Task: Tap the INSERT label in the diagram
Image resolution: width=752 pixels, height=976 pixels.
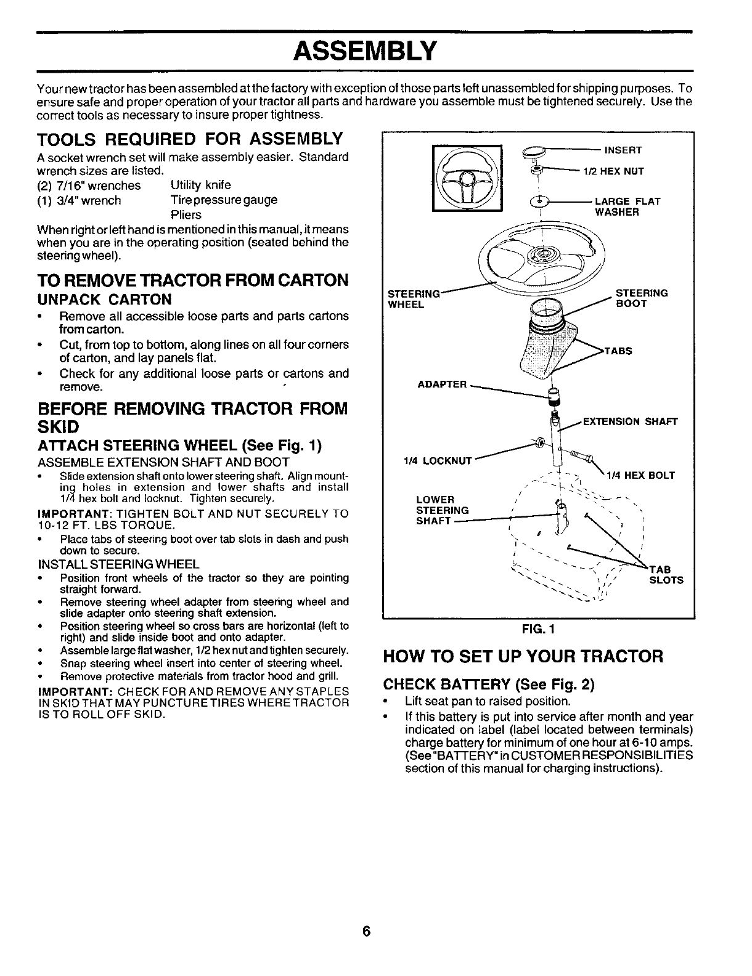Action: [x=623, y=150]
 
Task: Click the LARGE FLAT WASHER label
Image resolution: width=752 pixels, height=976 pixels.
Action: [x=627, y=206]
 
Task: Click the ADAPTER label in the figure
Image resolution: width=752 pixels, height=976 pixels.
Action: [x=442, y=384]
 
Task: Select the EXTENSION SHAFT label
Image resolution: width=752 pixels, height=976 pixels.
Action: [x=629, y=422]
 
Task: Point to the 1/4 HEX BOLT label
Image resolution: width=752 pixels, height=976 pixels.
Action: [x=641, y=475]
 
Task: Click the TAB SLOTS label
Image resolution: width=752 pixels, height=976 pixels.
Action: [x=667, y=574]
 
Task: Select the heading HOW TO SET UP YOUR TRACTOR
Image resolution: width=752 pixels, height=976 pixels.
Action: [x=523, y=656]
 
